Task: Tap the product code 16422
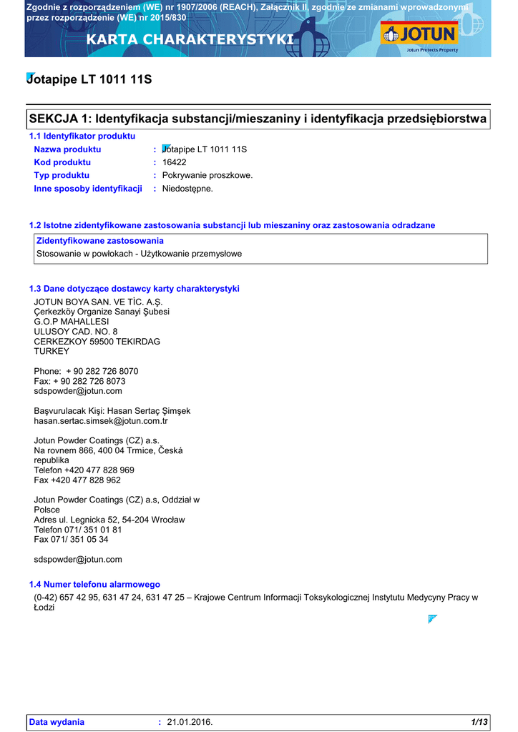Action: click(175, 162)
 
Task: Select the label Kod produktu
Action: click(62, 162)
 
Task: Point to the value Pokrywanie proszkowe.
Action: click(207, 175)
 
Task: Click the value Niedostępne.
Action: click(187, 189)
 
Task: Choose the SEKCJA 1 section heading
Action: click(258, 118)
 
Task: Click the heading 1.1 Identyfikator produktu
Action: click(82, 136)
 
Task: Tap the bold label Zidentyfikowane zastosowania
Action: click(100, 241)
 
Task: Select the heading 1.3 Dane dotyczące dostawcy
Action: click(134, 289)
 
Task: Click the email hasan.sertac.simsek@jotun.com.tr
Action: click(101, 421)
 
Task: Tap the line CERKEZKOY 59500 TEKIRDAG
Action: click(97, 342)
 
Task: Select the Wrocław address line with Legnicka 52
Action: click(109, 520)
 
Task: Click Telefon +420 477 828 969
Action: click(84, 470)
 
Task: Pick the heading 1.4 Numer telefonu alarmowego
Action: click(94, 585)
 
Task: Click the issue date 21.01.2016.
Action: click(190, 722)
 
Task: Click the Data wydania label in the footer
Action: click(57, 722)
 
